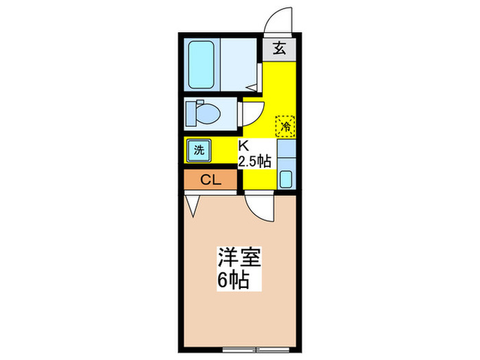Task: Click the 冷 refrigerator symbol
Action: click(x=285, y=126)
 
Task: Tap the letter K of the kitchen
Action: click(x=243, y=145)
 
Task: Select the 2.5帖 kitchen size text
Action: click(x=254, y=162)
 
